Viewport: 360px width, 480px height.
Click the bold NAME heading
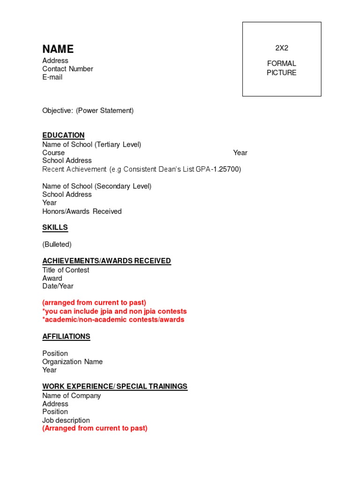click(x=58, y=49)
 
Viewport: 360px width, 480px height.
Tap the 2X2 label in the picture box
click(x=282, y=48)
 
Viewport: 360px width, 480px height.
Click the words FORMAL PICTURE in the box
click(x=282, y=68)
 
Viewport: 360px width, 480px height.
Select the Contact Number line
click(x=67, y=69)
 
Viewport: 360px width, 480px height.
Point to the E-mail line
click(x=52, y=77)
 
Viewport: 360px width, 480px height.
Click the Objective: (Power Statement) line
click(x=88, y=111)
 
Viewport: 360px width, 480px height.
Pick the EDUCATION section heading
click(x=63, y=135)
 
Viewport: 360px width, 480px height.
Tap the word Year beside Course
click(x=240, y=153)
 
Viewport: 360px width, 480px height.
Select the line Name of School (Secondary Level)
click(x=97, y=186)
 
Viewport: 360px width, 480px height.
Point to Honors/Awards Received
click(x=82, y=211)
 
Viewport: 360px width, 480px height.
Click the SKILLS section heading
click(x=55, y=228)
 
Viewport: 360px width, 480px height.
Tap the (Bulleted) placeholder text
click(x=57, y=244)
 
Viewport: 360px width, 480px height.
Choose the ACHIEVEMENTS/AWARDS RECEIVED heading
click(x=106, y=261)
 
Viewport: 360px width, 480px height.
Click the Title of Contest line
click(x=66, y=270)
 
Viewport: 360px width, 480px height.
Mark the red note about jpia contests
click(x=114, y=311)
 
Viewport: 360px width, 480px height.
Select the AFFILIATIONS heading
click(x=66, y=337)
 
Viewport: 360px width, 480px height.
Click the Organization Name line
click(x=72, y=362)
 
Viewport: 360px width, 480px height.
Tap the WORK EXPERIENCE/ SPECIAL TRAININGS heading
click(x=115, y=387)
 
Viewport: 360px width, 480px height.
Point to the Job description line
click(x=66, y=420)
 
